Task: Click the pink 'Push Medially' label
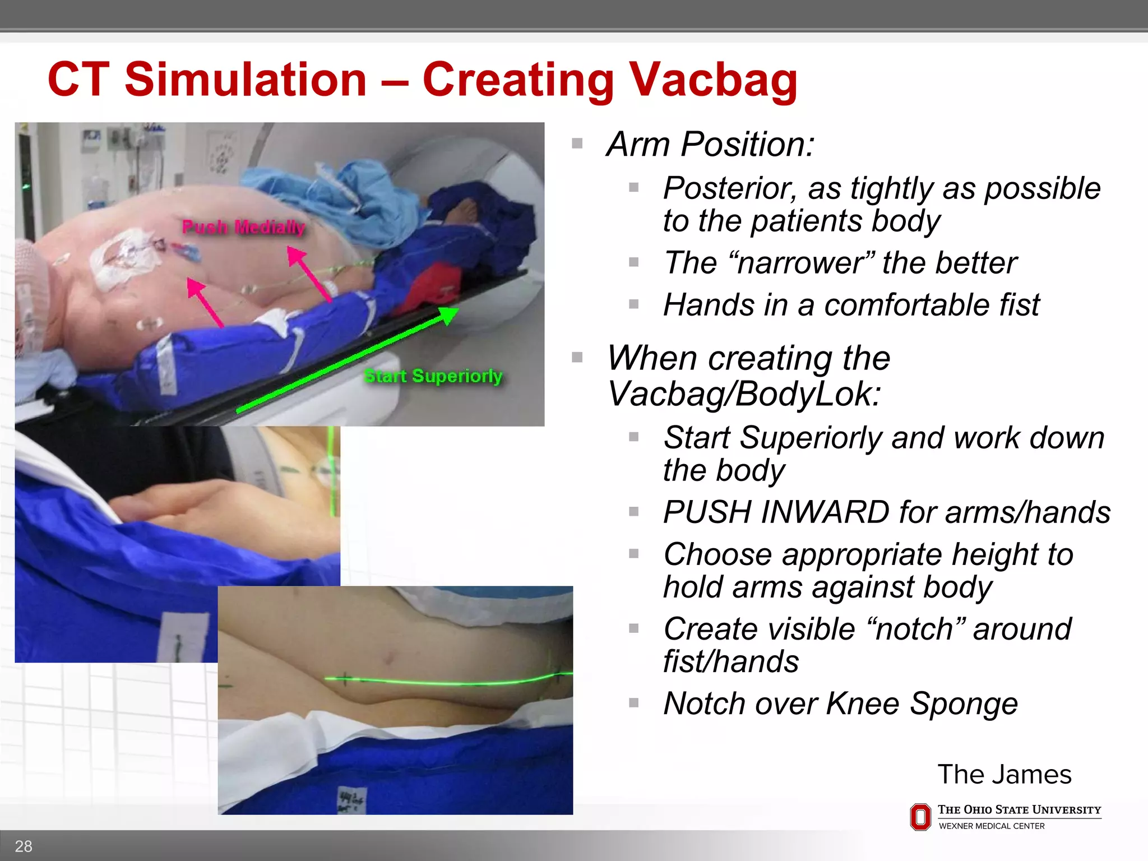[244, 227]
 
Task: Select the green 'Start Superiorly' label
[433, 376]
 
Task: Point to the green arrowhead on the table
[448, 314]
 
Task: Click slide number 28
[24, 846]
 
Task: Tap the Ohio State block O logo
[920, 817]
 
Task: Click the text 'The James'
[1004, 775]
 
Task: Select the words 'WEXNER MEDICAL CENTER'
[991, 826]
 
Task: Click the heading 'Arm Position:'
[710, 145]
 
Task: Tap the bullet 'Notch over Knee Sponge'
[840, 703]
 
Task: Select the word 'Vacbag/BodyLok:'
[744, 394]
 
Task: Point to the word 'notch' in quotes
[914, 629]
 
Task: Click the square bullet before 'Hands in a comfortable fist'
[634, 305]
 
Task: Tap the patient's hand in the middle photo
[185, 504]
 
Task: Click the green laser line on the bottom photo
[448, 682]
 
